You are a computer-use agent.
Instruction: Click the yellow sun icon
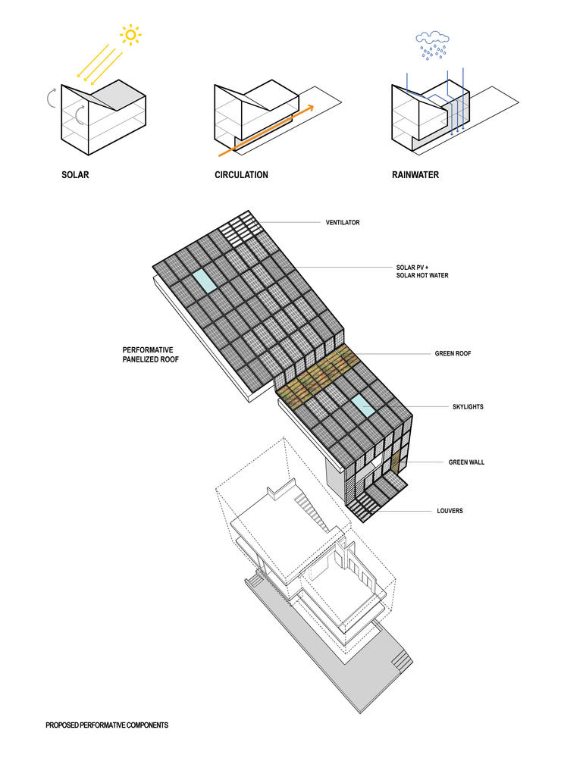[130, 35]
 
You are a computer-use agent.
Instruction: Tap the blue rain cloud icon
[433, 45]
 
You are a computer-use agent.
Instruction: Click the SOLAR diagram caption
[75, 174]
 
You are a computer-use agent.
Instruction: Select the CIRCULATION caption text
[241, 174]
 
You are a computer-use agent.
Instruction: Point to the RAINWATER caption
[415, 174]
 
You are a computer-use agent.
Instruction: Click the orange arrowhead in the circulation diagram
[310, 107]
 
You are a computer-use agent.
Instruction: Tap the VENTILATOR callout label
[343, 222]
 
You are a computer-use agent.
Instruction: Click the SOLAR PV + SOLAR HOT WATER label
[422, 271]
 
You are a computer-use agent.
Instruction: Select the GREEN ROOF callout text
[453, 353]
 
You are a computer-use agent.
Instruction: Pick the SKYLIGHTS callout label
[468, 406]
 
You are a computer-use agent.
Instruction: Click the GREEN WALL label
[466, 462]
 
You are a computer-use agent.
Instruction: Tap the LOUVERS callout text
[450, 510]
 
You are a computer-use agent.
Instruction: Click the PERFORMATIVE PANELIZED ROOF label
[150, 354]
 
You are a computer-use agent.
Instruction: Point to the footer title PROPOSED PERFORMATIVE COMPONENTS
[107, 725]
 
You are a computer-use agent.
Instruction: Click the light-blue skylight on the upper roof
[204, 281]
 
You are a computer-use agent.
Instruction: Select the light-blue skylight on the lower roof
[363, 406]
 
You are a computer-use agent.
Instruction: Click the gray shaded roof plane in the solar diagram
[118, 95]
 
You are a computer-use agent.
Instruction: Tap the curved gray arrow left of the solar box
[51, 98]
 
